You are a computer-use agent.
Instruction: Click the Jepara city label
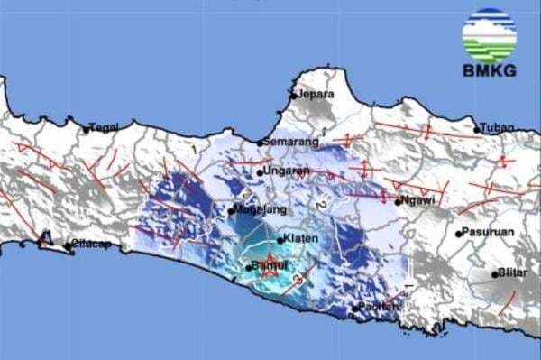click(x=316, y=94)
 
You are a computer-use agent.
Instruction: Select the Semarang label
click(x=292, y=142)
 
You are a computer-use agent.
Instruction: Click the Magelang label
click(x=262, y=209)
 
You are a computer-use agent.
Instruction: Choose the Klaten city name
click(x=299, y=238)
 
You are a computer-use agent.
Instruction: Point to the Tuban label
click(x=497, y=127)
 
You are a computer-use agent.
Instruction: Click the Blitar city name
click(x=511, y=273)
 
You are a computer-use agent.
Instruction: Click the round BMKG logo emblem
click(x=489, y=35)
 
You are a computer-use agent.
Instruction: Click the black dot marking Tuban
click(x=477, y=130)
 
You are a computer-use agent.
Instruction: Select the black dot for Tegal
click(x=87, y=130)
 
